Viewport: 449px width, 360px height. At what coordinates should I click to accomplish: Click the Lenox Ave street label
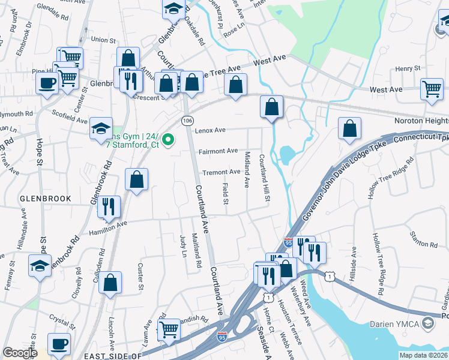(x=209, y=130)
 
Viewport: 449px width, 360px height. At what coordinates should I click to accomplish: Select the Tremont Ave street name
(x=221, y=172)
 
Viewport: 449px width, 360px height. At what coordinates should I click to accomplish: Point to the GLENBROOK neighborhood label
(x=45, y=199)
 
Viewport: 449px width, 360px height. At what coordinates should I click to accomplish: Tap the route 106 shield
(x=187, y=121)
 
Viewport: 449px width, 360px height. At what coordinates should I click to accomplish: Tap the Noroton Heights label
(x=421, y=121)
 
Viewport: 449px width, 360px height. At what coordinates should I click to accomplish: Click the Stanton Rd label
(x=424, y=244)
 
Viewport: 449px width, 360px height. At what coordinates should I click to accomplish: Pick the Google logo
(x=20, y=353)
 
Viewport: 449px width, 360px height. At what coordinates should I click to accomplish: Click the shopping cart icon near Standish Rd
(x=169, y=328)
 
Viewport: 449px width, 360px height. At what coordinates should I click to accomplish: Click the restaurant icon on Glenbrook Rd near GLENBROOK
(x=109, y=206)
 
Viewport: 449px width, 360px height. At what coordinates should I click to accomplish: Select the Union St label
(x=103, y=40)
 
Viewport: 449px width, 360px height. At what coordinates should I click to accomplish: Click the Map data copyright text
(x=424, y=355)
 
